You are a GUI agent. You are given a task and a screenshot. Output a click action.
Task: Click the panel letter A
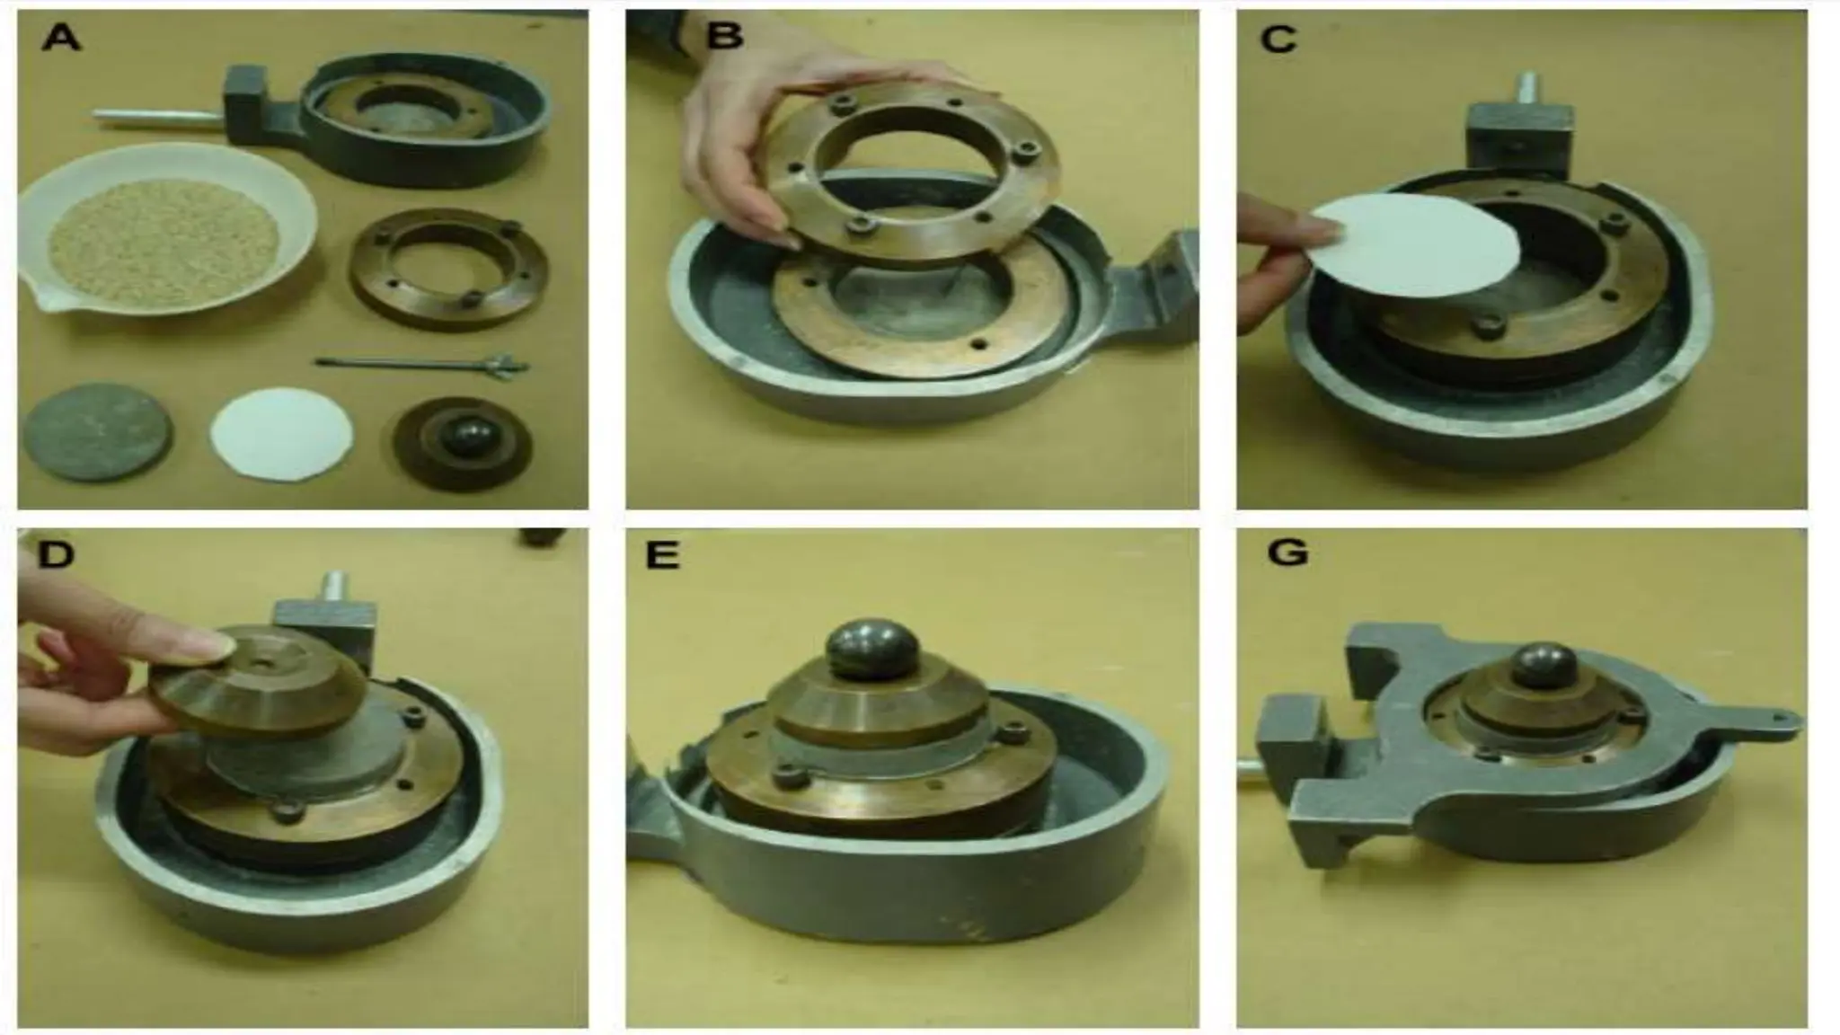60,40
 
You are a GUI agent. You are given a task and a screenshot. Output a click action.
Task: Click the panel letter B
725,37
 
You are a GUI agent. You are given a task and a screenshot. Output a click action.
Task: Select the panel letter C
1278,39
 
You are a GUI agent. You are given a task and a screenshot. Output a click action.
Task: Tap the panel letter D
55,554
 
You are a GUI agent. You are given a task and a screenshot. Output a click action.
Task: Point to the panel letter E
662,556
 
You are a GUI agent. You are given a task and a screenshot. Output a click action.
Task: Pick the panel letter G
1287,553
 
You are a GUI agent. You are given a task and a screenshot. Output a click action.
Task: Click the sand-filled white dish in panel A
166,228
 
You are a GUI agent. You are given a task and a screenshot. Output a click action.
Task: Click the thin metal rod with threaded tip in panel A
422,365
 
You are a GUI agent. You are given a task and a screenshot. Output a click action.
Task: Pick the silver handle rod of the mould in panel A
158,115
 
